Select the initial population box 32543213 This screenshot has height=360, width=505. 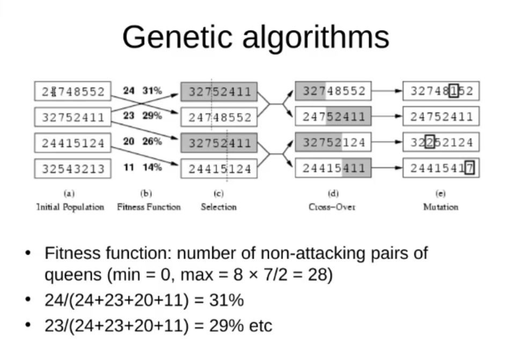(73, 170)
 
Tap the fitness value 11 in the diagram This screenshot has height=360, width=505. (128, 167)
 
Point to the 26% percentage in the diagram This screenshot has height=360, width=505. (152, 141)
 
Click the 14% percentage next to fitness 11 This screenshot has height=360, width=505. (152, 167)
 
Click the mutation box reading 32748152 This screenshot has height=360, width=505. (441, 91)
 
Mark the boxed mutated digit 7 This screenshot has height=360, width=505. (470, 169)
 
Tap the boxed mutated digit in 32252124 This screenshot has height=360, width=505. (429, 143)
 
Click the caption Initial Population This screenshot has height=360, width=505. (70, 207)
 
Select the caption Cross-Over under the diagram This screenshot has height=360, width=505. (333, 207)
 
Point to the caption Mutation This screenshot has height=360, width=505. (441, 207)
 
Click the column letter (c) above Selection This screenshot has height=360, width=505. (219, 194)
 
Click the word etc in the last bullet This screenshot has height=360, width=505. (261, 326)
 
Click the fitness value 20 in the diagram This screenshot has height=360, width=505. (128, 141)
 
